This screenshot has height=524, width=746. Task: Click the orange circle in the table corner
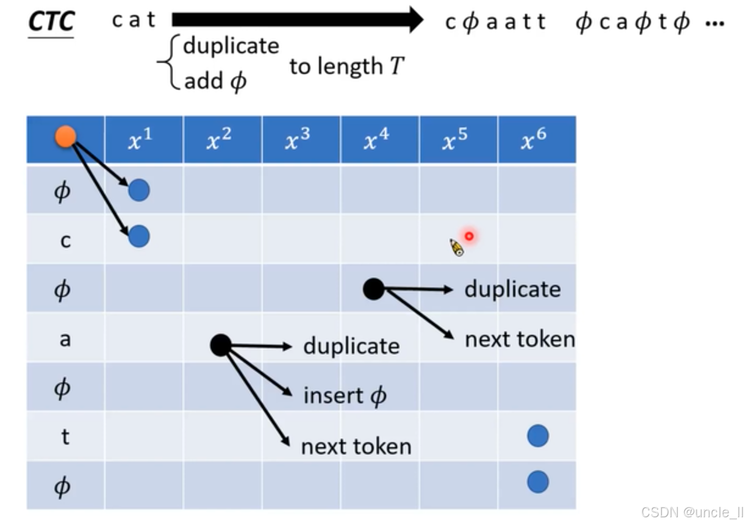click(65, 137)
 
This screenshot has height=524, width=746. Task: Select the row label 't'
click(65, 437)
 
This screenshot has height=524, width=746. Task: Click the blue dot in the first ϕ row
click(139, 191)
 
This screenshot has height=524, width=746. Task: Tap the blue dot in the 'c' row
click(139, 236)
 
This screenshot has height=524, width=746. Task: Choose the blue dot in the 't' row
click(537, 436)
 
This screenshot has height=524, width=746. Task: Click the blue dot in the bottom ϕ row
click(537, 482)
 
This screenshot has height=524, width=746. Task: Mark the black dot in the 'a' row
click(220, 345)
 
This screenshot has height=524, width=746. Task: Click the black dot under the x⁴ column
click(374, 289)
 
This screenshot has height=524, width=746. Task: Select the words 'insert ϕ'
click(345, 397)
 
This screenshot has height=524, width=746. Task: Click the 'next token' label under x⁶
click(520, 339)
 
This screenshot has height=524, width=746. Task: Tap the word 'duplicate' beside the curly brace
click(231, 46)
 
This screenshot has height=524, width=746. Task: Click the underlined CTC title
click(52, 22)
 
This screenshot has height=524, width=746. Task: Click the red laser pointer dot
click(469, 236)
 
